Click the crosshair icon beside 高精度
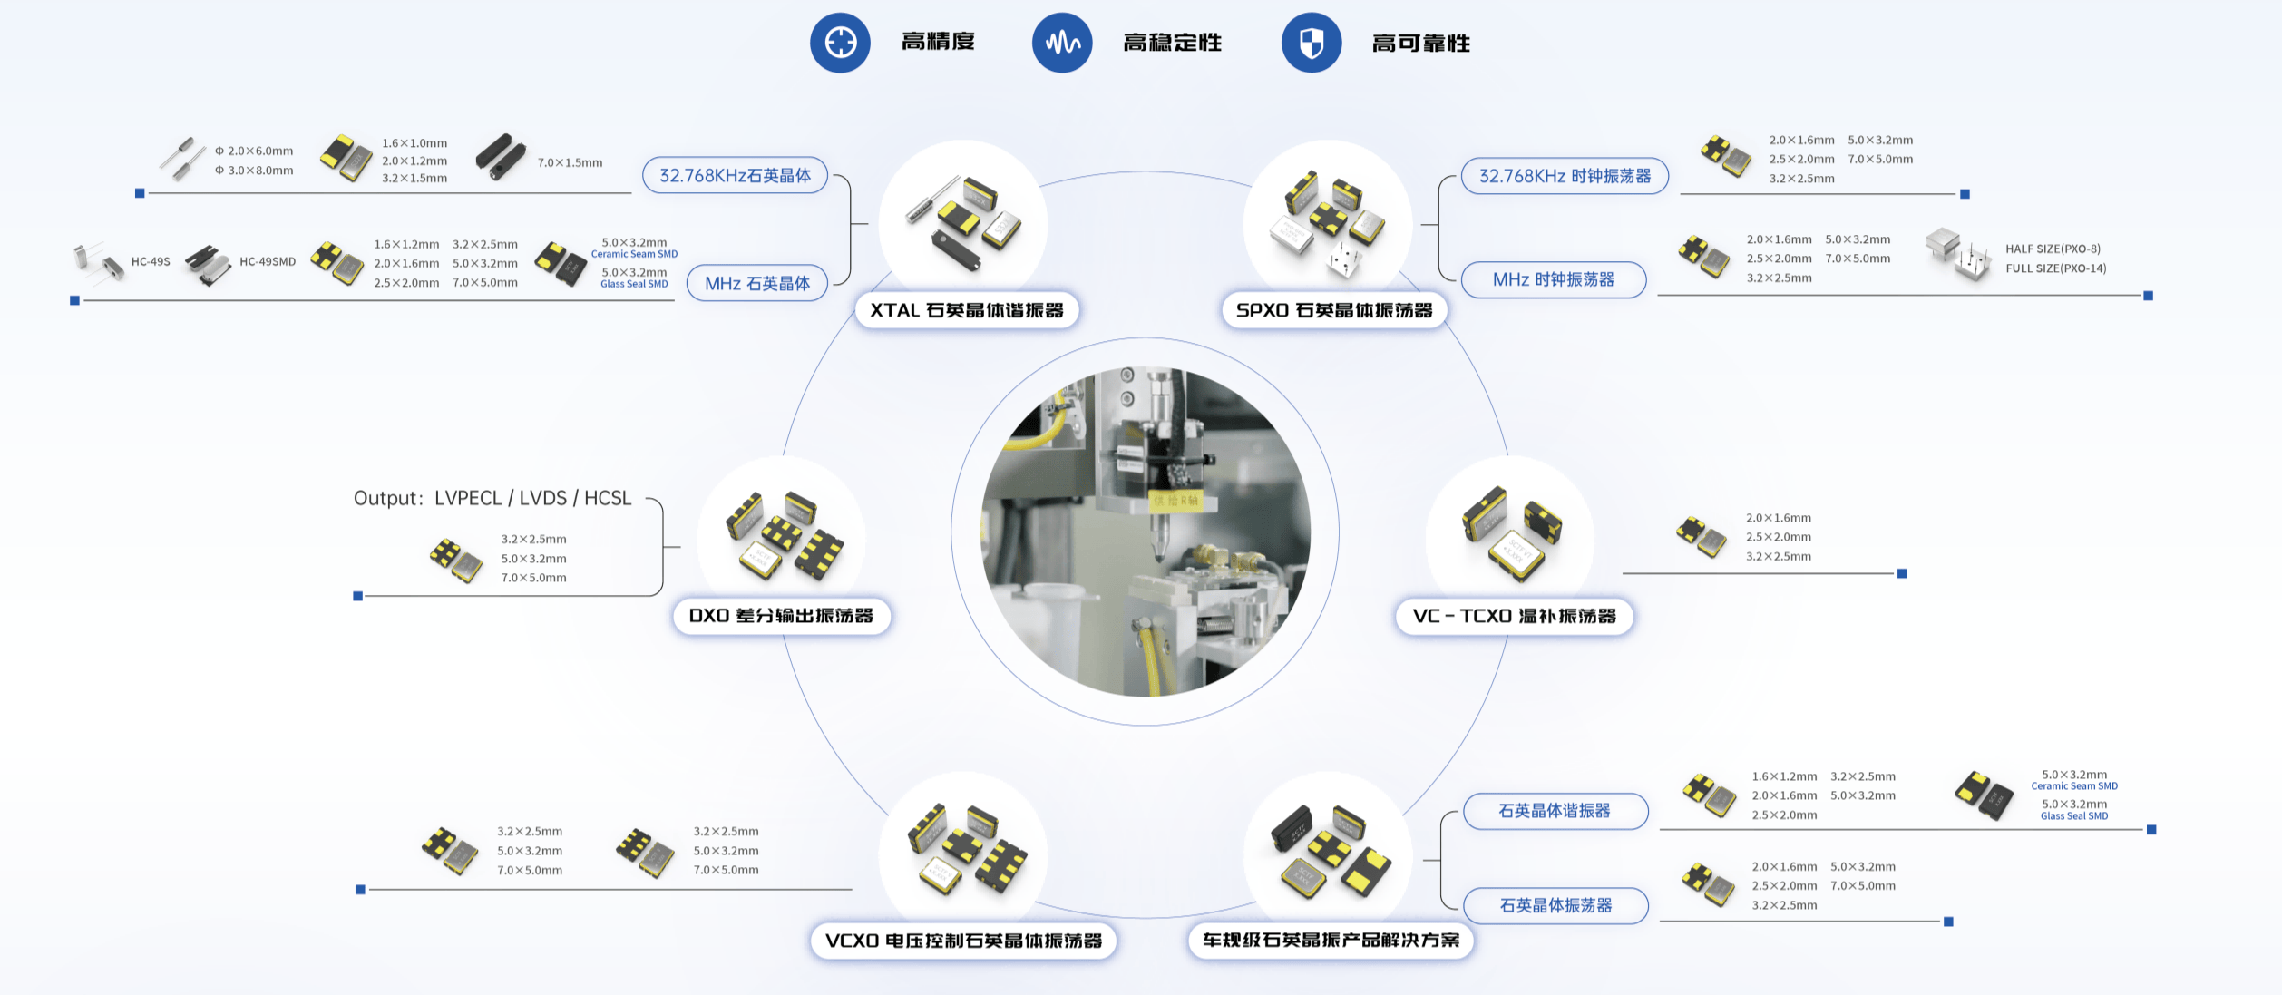click(840, 43)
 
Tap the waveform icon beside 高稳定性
click(1062, 43)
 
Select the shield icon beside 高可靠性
click(1312, 43)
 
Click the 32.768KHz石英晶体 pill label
click(736, 175)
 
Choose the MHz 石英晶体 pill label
click(757, 283)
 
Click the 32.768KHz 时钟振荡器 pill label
click(1565, 176)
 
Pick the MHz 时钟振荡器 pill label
click(1554, 279)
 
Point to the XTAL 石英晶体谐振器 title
click(967, 310)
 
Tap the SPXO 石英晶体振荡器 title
click(1334, 310)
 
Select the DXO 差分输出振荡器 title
click(781, 616)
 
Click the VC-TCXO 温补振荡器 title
click(1515, 616)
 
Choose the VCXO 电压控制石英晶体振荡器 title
click(963, 941)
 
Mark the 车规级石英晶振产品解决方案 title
click(1331, 940)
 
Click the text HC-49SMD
click(268, 261)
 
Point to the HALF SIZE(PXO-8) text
click(2053, 249)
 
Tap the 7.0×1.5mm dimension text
click(570, 162)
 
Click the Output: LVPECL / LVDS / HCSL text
click(492, 498)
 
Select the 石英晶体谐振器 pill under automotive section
click(1555, 811)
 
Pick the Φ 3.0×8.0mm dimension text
click(254, 170)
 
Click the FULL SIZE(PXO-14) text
click(2056, 268)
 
